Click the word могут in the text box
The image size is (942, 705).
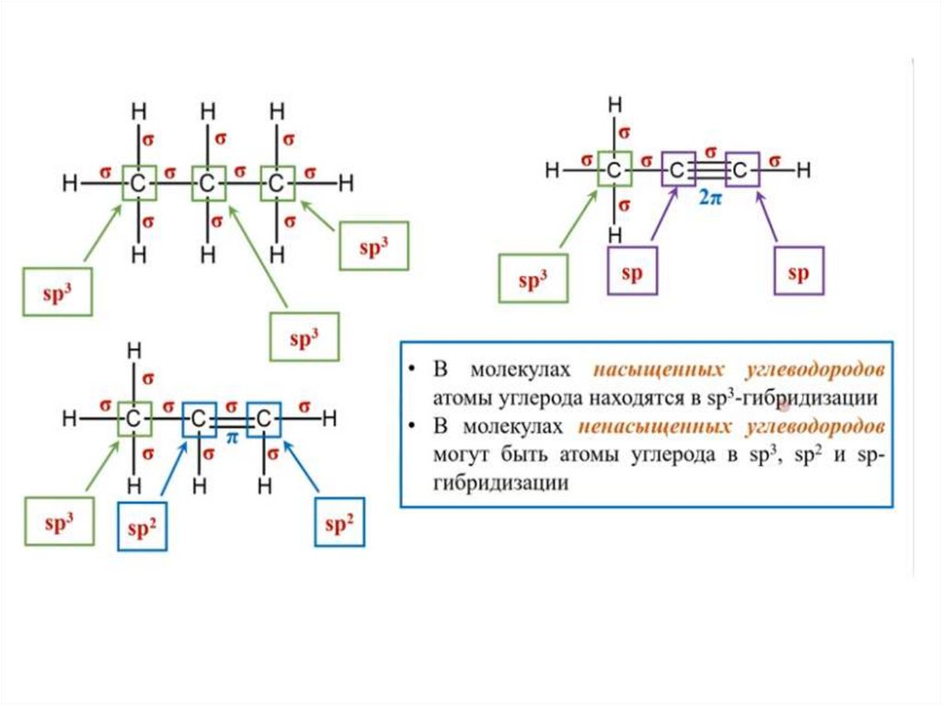[458, 455]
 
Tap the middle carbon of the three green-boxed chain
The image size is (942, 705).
[208, 184]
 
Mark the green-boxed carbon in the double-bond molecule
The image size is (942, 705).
[134, 419]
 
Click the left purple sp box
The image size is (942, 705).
[632, 273]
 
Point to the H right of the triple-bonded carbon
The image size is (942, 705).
[803, 169]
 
